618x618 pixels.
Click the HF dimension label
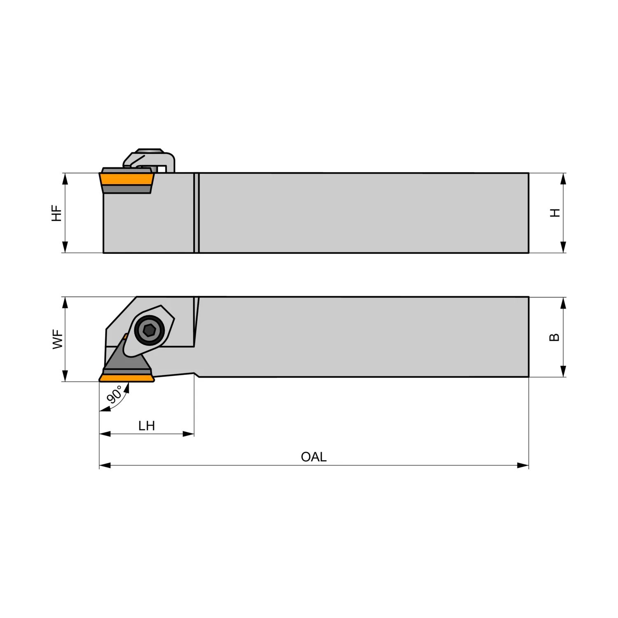click(x=56, y=213)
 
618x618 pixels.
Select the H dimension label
click(x=555, y=213)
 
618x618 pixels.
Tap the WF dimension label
click(x=58, y=339)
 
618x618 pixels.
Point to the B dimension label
click(x=555, y=337)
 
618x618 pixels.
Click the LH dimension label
click(x=147, y=426)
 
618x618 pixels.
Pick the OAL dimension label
click(x=314, y=457)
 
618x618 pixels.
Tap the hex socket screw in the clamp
click(x=149, y=330)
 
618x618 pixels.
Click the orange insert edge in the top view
click(x=126, y=378)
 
